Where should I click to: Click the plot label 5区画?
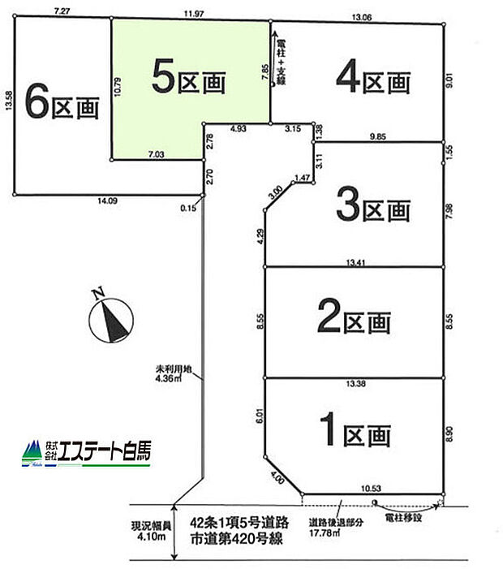pos(187,80)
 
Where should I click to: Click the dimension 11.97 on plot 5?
pos(192,12)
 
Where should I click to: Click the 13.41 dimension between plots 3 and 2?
pos(354,261)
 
